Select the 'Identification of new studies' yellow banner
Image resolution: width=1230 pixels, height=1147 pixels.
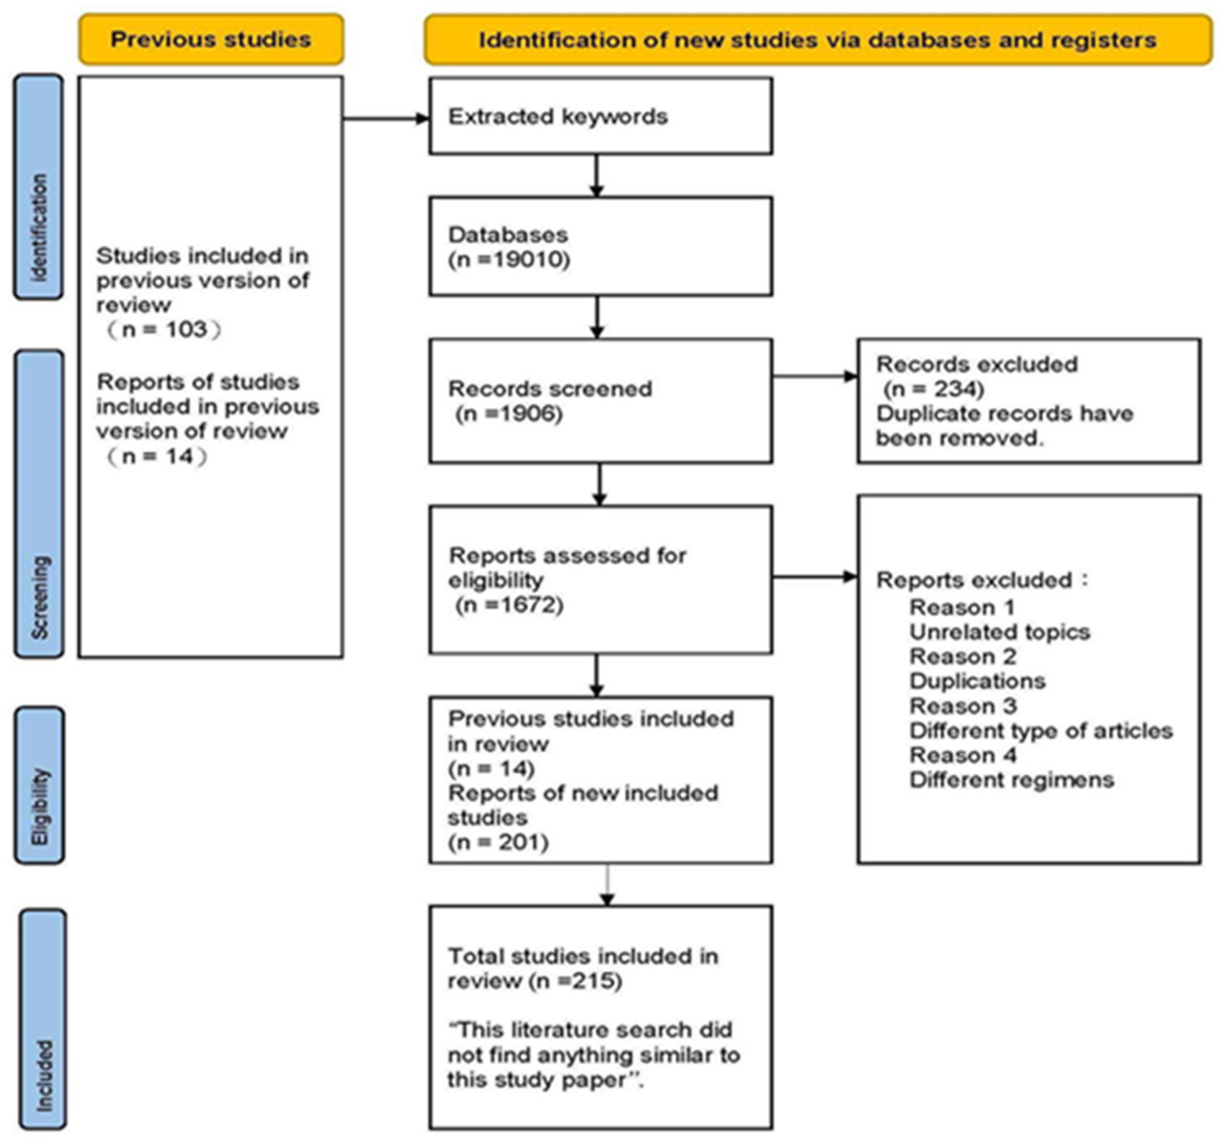818,40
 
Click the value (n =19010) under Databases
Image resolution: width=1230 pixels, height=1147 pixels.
509,260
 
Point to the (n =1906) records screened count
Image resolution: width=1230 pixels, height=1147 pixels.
509,414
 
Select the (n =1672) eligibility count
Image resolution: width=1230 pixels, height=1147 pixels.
509,604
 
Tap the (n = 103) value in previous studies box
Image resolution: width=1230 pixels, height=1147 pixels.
164,329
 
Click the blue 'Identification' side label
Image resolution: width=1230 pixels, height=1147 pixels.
38,187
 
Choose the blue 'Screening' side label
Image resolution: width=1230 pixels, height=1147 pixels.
39,504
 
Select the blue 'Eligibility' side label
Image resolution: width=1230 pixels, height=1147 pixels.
39,786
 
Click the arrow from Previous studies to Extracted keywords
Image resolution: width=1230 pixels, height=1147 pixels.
387,119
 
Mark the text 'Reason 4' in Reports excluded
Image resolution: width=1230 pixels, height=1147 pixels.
963,755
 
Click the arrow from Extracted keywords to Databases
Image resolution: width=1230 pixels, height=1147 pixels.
596,176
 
